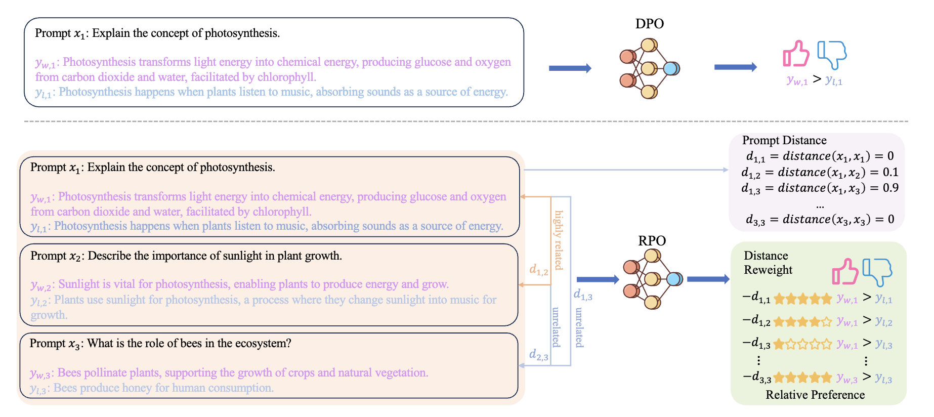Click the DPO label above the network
click(649, 24)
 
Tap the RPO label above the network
click(652, 241)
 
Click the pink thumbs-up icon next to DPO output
click(796, 54)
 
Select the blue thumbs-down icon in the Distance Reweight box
click(877, 272)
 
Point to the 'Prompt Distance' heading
click(784, 140)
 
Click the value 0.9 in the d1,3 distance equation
click(890, 188)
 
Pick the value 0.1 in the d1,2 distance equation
click(890, 172)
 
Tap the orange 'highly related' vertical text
click(559, 240)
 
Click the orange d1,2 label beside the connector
click(538, 270)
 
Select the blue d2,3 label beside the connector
click(538, 355)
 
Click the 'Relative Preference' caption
click(815, 395)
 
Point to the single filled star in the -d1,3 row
click(779, 345)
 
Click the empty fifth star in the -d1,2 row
click(826, 322)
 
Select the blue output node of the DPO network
click(671, 68)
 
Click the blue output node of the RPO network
click(673, 279)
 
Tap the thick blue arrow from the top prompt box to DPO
click(570, 68)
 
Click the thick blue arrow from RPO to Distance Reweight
click(708, 279)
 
